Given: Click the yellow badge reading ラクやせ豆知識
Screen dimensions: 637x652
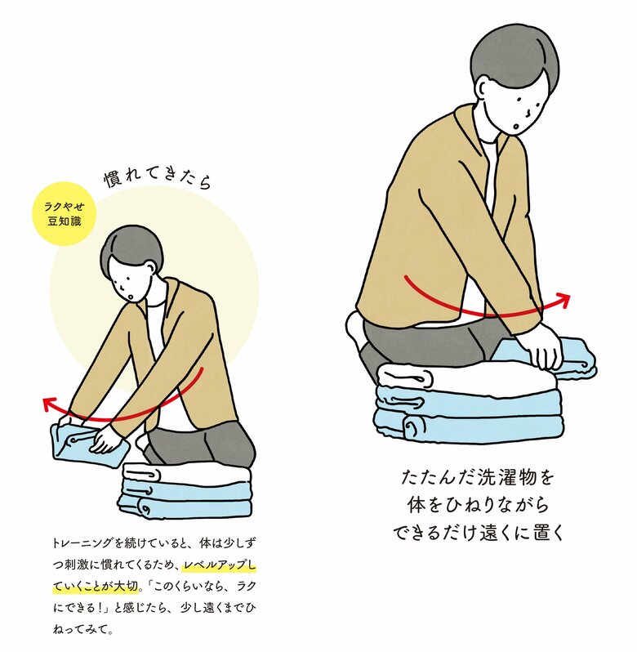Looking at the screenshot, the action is point(64,214).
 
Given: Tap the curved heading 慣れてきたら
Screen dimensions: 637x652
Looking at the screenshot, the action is point(158,178).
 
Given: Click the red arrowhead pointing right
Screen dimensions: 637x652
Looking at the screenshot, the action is point(563,300).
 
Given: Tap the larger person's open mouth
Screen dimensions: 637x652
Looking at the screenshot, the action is point(515,127).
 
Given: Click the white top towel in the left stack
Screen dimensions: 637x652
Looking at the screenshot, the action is point(187,475).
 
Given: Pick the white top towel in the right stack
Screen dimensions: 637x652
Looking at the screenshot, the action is point(465,377).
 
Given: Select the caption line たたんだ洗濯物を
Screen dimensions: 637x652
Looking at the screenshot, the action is point(478,478).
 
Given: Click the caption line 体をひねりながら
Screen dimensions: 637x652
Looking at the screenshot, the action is point(478,505).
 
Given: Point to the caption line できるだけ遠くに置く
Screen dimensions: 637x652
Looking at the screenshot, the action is point(478,533).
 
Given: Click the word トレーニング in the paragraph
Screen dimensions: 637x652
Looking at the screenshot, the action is point(82,543).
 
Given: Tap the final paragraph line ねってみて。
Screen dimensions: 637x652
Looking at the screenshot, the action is point(82,630).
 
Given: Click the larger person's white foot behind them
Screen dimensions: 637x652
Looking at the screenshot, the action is point(357,327).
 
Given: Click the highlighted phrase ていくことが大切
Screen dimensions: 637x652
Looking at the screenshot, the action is point(96,587).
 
